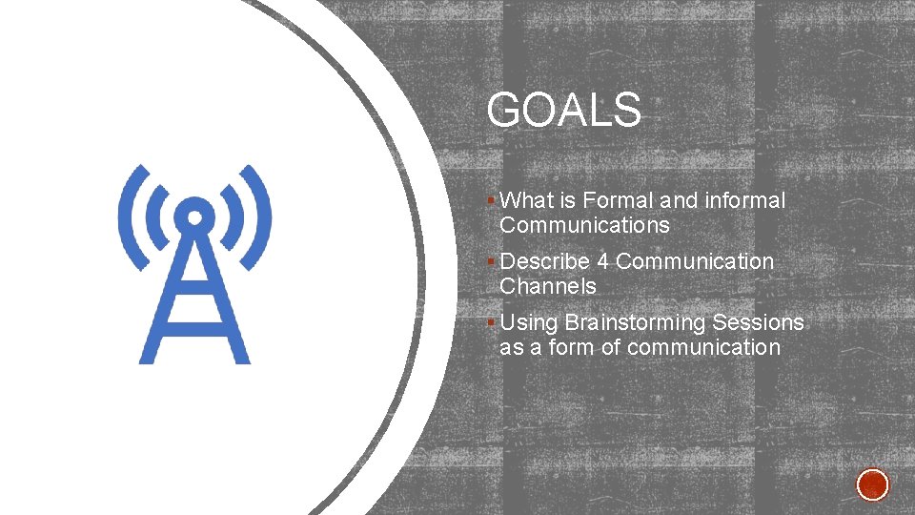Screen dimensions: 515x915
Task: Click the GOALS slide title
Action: coord(563,111)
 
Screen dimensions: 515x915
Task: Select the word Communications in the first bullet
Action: coord(584,226)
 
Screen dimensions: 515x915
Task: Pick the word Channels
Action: coord(547,286)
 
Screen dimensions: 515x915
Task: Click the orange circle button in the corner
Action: coord(872,484)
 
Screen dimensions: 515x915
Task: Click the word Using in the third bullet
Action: coord(528,323)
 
